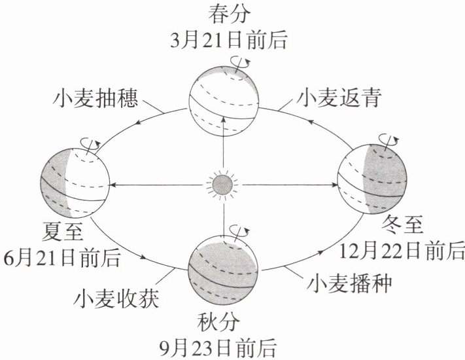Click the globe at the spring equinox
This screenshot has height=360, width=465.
point(223,99)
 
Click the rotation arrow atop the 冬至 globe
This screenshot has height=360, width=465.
point(387,139)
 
